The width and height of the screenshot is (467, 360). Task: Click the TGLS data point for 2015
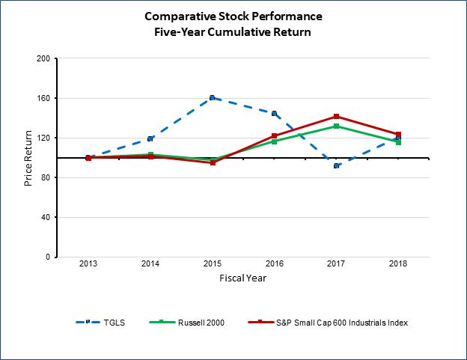pyautogui.click(x=212, y=97)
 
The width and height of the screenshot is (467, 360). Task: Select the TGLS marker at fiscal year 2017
pyautogui.click(x=337, y=165)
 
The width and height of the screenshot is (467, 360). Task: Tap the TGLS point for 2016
pyautogui.click(x=274, y=114)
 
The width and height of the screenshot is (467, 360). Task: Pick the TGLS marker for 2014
pyautogui.click(x=150, y=138)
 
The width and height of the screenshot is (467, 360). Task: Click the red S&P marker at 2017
pyautogui.click(x=337, y=117)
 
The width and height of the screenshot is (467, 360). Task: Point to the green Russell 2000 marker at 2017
pyautogui.click(x=337, y=126)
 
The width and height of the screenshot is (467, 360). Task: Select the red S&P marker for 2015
pyautogui.click(x=213, y=162)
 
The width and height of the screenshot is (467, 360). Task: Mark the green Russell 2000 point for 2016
pyautogui.click(x=275, y=141)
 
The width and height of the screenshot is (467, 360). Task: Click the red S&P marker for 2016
pyautogui.click(x=275, y=135)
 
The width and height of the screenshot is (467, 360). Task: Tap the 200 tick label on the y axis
pyautogui.click(x=44, y=58)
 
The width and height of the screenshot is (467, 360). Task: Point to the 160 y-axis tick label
pyautogui.click(x=44, y=98)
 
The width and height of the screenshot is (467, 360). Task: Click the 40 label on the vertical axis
pyautogui.click(x=46, y=217)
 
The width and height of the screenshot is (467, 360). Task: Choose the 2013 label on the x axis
pyautogui.click(x=88, y=265)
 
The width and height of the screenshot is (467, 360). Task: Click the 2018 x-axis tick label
pyautogui.click(x=398, y=265)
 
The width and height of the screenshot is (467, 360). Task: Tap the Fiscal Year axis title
pyautogui.click(x=242, y=278)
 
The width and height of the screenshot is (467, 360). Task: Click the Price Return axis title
pyautogui.click(x=28, y=158)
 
